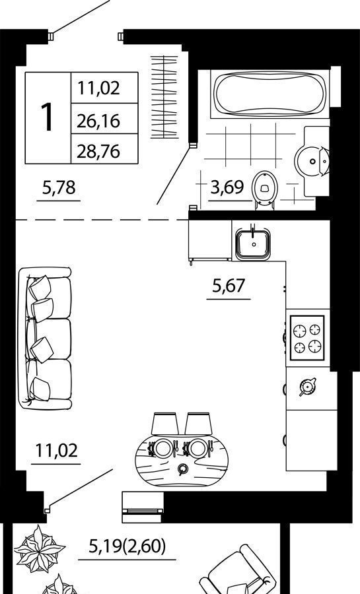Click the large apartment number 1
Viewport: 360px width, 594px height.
(x=48, y=118)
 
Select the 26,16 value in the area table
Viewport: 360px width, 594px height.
(x=98, y=121)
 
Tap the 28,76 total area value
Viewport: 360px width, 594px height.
(x=98, y=151)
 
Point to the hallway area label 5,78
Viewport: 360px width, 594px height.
(x=59, y=187)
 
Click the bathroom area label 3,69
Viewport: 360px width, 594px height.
(x=227, y=187)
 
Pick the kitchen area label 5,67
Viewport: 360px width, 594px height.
(x=229, y=285)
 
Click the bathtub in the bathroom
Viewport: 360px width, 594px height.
(x=269, y=94)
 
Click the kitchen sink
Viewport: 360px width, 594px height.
(x=253, y=244)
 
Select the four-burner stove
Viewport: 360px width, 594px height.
(x=307, y=337)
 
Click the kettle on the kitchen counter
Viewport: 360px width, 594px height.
(x=307, y=386)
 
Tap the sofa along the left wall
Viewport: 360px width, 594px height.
(x=45, y=338)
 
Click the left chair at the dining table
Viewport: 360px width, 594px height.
(x=165, y=424)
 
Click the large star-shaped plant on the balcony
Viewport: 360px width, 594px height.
(x=40, y=549)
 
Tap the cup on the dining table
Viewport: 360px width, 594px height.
(x=183, y=469)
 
